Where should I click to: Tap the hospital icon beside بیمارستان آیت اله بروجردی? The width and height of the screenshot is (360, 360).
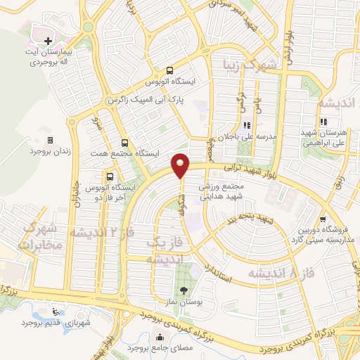point(47,41)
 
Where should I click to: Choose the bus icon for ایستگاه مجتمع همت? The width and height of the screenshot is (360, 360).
point(124,141)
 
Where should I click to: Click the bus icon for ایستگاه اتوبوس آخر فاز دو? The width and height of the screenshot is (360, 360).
point(110,176)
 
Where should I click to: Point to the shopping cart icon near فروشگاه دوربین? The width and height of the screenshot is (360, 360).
point(322,218)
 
